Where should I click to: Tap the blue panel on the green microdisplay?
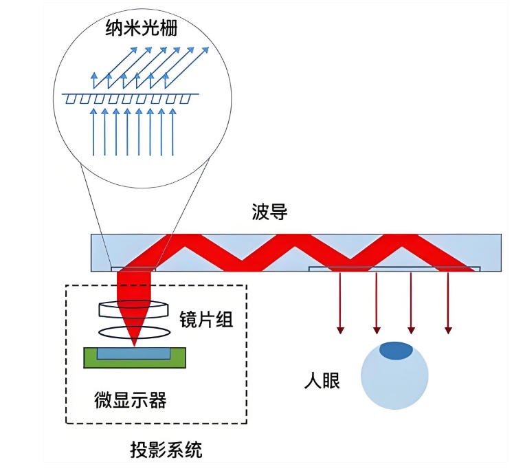click(x=134, y=353)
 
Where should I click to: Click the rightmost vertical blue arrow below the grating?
click(x=172, y=131)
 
